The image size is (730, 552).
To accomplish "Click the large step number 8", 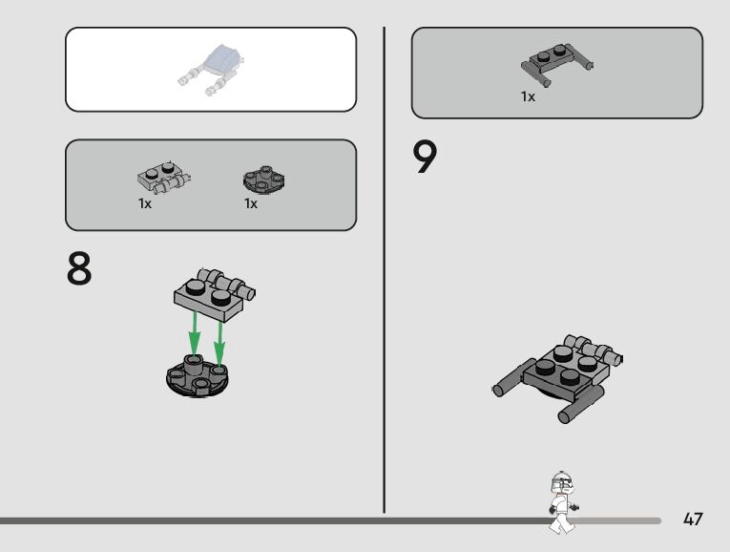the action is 79,268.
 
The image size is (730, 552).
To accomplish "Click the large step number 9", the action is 425,157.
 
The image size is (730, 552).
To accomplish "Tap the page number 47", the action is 693,519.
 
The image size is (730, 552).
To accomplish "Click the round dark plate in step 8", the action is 198,376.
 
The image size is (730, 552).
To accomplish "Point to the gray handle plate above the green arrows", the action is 214,294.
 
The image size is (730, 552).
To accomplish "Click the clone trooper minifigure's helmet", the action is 561,482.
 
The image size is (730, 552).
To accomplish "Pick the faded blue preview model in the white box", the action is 212,70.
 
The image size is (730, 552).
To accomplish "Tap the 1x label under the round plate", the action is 251,203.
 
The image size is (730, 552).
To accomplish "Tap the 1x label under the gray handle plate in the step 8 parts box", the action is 145,203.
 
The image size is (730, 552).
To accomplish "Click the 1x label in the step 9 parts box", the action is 528,96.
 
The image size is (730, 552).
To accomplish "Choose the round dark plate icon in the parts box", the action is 264,179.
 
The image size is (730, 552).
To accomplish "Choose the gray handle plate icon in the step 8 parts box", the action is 164,177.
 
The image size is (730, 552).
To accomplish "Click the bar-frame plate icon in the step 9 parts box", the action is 557,65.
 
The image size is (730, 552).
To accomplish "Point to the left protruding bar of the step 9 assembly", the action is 513,377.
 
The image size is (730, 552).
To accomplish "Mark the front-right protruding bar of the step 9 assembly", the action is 581,404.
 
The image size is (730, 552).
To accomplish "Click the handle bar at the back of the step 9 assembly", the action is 594,350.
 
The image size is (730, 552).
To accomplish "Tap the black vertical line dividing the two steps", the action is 385,270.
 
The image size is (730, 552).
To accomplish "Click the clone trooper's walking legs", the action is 562,523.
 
